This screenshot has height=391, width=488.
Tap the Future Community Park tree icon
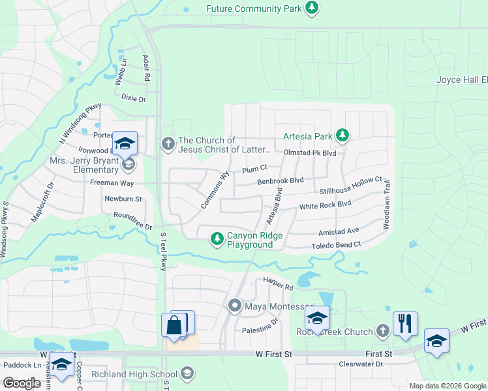[313, 8]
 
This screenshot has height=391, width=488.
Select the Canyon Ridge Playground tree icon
[217, 240]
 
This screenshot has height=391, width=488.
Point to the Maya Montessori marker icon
[235, 306]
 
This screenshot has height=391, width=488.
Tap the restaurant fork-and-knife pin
[405, 323]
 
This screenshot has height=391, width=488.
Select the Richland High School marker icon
[187, 374]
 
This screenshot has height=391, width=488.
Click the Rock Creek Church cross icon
[382, 331]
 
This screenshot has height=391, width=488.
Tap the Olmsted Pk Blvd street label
[310, 152]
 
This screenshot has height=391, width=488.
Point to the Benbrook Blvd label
[281, 181]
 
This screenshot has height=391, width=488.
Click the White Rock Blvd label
[325, 206]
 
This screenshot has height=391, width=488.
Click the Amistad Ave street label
[339, 231]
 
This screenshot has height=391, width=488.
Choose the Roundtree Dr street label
[132, 221]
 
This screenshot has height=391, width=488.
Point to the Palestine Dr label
[260, 321]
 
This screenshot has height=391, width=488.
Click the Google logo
[22, 383]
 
